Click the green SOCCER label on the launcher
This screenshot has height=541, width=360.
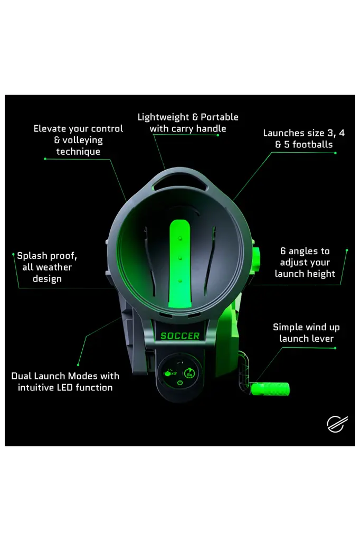180,335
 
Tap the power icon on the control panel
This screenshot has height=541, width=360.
179,383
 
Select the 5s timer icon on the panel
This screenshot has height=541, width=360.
190,373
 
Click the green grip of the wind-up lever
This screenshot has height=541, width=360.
270,389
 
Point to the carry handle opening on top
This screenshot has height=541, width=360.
180,183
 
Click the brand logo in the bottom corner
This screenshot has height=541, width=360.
337,424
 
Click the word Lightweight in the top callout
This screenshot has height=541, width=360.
164,117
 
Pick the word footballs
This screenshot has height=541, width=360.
312,145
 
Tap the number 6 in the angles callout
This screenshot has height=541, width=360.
283,251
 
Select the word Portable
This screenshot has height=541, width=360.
220,117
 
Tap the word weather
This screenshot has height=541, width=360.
54,267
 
